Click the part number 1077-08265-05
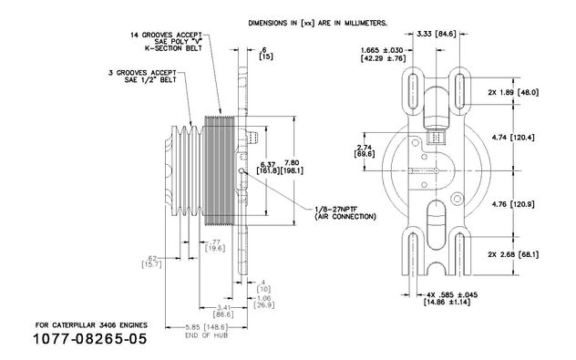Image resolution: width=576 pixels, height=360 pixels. point(90,339)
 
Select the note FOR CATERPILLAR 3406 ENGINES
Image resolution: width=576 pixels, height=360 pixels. point(91,325)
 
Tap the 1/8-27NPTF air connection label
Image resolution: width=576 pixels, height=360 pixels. point(345,213)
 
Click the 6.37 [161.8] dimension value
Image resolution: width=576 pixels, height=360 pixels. point(268,167)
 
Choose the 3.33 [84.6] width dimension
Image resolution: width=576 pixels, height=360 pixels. point(437,34)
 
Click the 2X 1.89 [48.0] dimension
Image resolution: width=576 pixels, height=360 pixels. point(513,93)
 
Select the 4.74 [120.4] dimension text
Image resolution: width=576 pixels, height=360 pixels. point(513,138)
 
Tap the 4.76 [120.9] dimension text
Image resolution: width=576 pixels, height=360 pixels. point(513,204)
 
